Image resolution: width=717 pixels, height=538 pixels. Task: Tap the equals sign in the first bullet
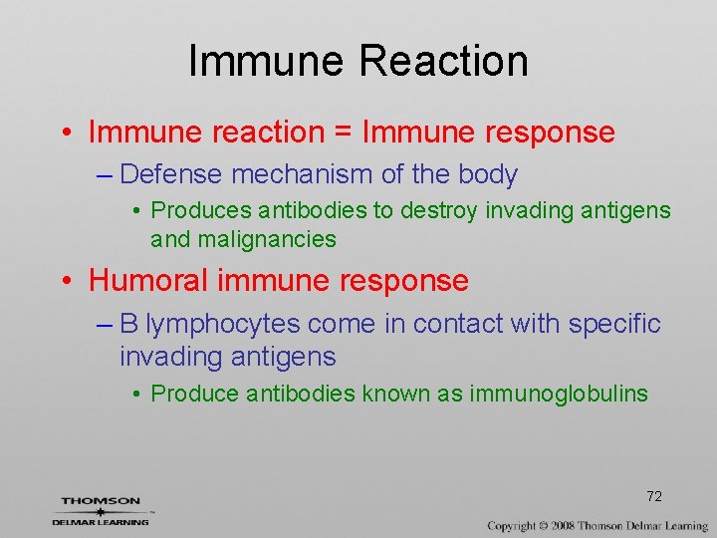(344, 133)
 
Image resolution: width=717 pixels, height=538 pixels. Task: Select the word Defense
(171, 175)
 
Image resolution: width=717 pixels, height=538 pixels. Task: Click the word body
(488, 175)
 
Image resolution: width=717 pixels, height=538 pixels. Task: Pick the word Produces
(201, 211)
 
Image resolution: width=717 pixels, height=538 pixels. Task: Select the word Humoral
(148, 281)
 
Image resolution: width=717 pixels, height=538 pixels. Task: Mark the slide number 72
(654, 496)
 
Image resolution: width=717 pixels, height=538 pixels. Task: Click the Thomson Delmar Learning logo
(101, 510)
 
